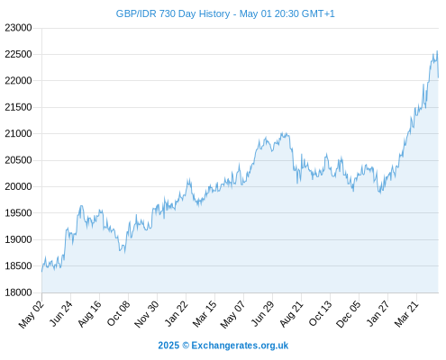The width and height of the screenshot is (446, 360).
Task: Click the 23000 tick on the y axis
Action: (18, 28)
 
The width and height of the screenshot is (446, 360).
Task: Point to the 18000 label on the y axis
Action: (18, 292)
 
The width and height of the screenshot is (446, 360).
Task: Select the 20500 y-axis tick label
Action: (18, 160)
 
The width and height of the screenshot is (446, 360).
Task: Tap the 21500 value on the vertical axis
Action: (18, 107)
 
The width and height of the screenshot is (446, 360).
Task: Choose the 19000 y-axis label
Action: (18, 239)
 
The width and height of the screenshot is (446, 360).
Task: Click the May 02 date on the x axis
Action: (32, 314)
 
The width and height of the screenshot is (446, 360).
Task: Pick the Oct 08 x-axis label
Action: (119, 313)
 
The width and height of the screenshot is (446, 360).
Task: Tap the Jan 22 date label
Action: (177, 313)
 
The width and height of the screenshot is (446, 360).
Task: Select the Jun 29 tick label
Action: (263, 313)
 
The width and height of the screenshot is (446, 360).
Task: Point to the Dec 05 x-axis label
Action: (349, 314)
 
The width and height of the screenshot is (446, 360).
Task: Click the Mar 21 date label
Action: (406, 313)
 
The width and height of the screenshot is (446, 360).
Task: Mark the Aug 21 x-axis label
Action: (292, 313)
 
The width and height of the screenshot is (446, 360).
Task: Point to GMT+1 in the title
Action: (318, 13)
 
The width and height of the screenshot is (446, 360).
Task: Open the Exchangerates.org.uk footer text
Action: (240, 346)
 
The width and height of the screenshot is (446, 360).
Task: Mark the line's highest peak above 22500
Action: (437, 51)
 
